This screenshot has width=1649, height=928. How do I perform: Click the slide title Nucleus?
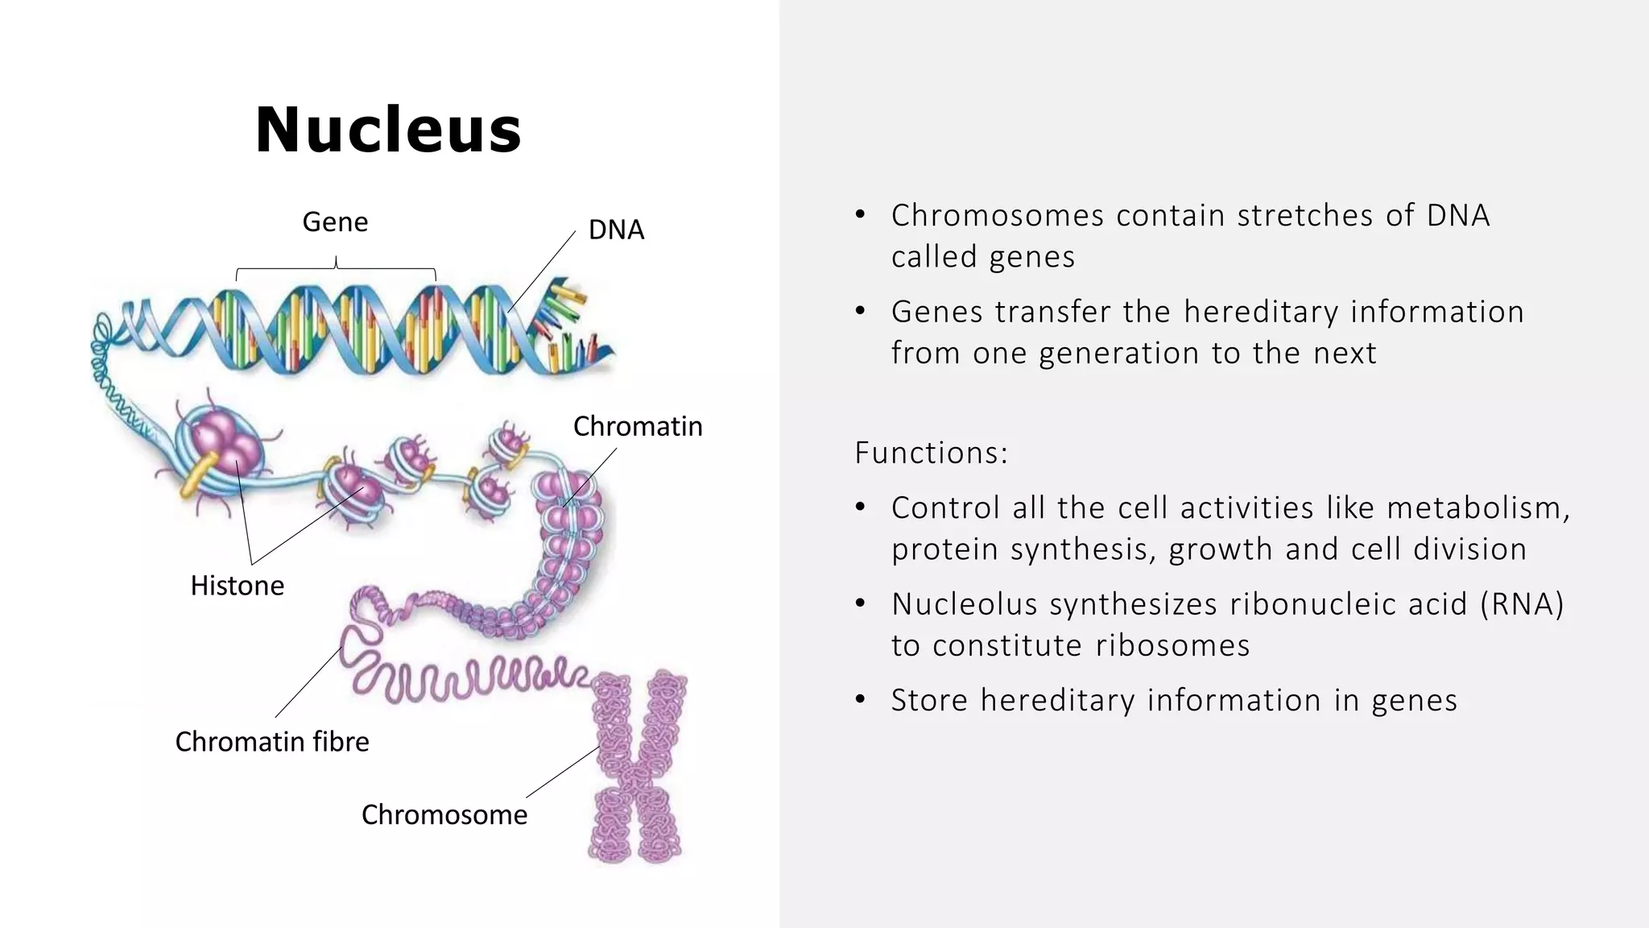[x=388, y=130]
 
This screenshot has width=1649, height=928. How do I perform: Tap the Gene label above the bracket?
[x=335, y=222]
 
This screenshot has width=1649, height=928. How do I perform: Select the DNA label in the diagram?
[x=616, y=230]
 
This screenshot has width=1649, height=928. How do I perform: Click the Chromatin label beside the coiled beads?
[x=638, y=426]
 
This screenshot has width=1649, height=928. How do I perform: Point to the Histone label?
[x=237, y=586]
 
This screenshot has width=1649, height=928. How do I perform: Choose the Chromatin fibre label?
[x=272, y=742]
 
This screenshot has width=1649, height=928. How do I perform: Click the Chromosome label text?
[x=444, y=815]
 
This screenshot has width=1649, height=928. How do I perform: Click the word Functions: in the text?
[x=931, y=453]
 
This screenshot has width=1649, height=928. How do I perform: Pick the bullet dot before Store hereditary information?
[x=860, y=700]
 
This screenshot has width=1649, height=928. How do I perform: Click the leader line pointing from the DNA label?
[x=542, y=271]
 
